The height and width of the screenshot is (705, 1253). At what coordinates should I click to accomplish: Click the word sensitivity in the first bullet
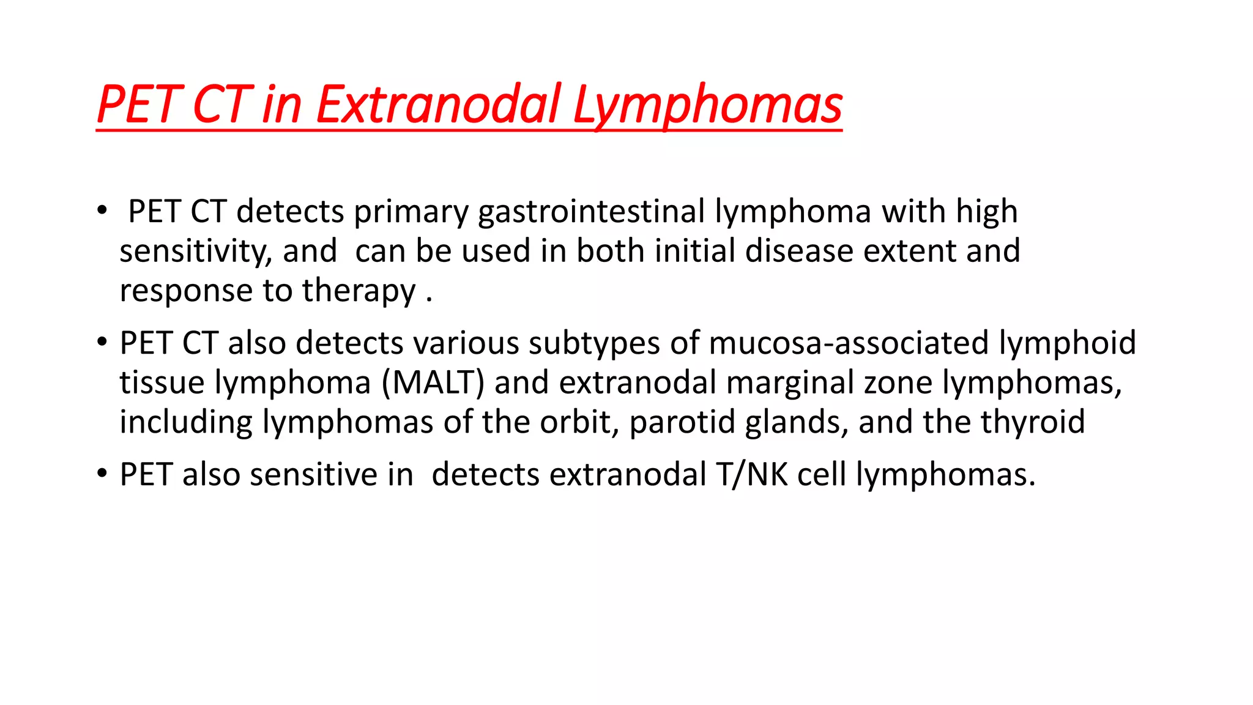195,252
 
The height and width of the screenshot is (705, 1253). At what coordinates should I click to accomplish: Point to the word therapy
359,291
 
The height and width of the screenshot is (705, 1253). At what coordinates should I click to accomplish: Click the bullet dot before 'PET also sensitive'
102,474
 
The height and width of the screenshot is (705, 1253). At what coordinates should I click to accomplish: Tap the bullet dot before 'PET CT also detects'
102,342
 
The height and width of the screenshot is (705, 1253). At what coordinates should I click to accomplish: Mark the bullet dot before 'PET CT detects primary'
102,211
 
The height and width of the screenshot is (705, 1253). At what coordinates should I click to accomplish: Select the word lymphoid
1067,343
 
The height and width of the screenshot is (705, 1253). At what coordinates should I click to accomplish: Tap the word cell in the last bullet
822,474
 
